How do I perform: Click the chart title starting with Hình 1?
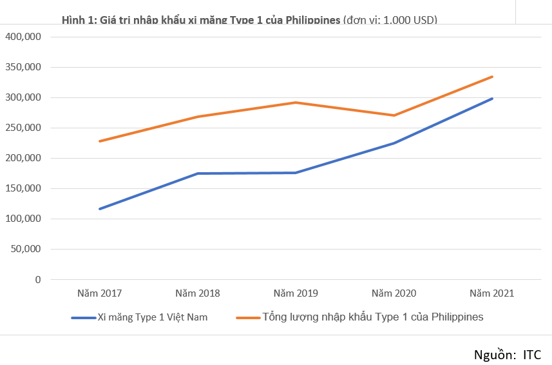tap(249, 20)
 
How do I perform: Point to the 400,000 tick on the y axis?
tap(23, 37)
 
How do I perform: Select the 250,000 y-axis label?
tap(23, 128)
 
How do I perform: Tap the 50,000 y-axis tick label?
tap(26, 249)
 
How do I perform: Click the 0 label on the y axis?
tap(38, 279)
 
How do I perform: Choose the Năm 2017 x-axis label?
tap(99, 293)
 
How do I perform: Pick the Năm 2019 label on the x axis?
tap(296, 293)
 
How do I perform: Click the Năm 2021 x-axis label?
tap(492, 293)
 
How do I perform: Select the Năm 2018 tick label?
tap(198, 293)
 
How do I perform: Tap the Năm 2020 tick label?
tap(394, 293)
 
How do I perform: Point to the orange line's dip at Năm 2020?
tap(394, 115)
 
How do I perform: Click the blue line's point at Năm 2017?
tap(99, 209)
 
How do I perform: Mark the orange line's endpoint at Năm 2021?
tap(492, 77)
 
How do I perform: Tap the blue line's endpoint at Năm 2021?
tap(492, 99)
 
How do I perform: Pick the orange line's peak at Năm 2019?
tap(296, 103)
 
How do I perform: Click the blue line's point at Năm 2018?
tap(198, 173)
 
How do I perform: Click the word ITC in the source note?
tap(532, 355)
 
